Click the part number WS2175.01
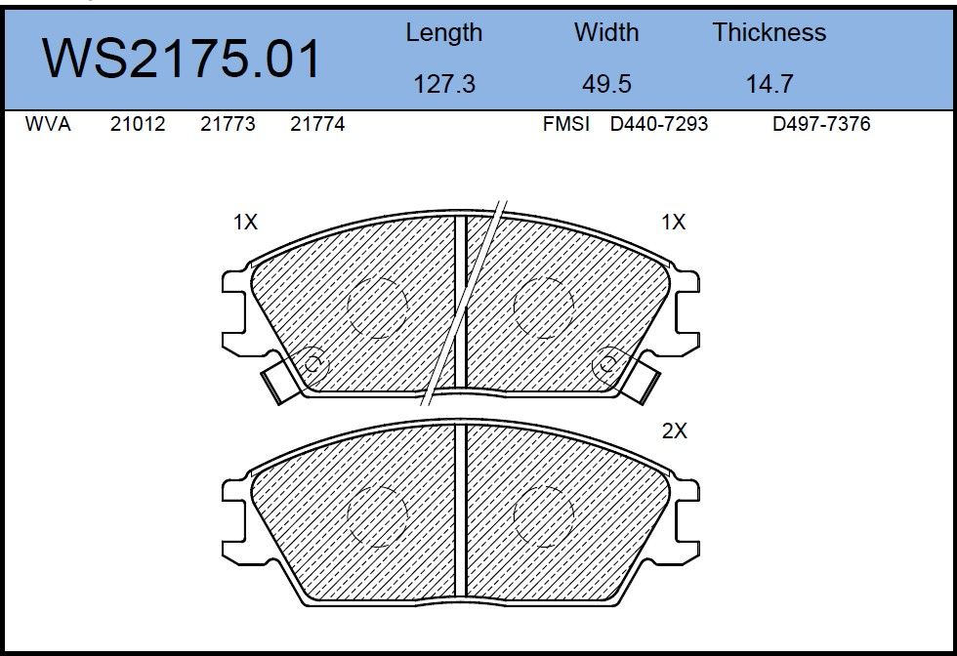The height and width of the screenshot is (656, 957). pos(182,59)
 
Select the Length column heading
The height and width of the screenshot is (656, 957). pos(443,33)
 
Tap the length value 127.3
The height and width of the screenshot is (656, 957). pos(443,84)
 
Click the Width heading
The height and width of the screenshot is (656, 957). pos(606,32)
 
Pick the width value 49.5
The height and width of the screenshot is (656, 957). pos(606,84)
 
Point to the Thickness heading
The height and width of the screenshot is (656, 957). pos(770,32)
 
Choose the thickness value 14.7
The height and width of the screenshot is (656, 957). pos(770,84)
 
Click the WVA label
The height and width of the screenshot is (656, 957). pos(48,124)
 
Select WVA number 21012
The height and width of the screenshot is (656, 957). pos(138,124)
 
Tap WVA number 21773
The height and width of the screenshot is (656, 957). pos(228,124)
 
